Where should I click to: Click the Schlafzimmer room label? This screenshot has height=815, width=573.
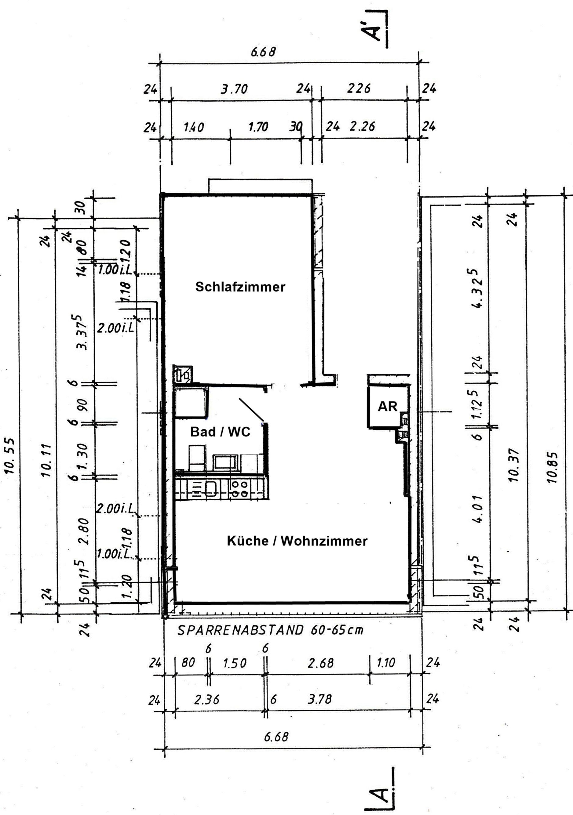(x=240, y=287)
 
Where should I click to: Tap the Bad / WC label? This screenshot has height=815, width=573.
(x=220, y=432)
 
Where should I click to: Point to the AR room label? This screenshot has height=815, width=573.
(x=387, y=407)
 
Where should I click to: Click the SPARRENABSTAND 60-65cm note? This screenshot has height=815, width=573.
(x=270, y=630)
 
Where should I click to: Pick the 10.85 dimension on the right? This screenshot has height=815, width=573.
(x=552, y=467)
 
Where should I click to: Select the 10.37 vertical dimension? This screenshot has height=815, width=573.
(x=514, y=465)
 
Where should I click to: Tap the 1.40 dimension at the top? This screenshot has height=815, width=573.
(x=194, y=127)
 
